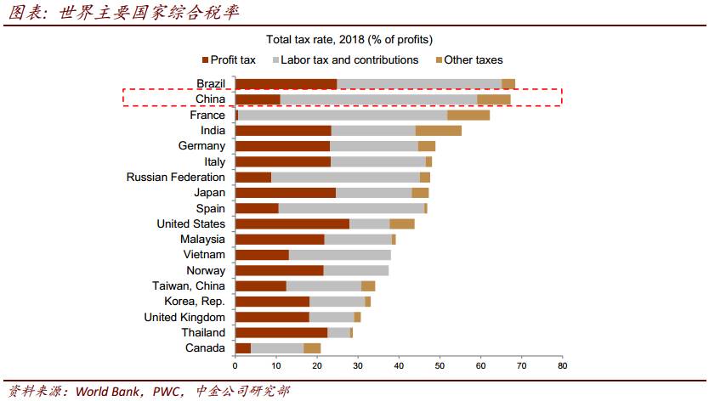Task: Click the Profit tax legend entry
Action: (230, 60)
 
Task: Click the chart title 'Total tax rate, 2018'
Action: (349, 40)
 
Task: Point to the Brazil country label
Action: (210, 83)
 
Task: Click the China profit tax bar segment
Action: (258, 99)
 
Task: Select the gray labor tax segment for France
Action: (343, 115)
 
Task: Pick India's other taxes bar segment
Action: (439, 130)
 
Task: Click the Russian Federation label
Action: (175, 178)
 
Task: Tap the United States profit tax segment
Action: (292, 223)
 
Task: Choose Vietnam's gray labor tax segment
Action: (339, 255)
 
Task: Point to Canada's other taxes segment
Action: (312, 347)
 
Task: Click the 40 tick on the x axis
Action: (399, 366)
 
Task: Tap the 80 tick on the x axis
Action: (562, 366)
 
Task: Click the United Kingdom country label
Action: (184, 317)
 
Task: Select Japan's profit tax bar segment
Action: (285, 193)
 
